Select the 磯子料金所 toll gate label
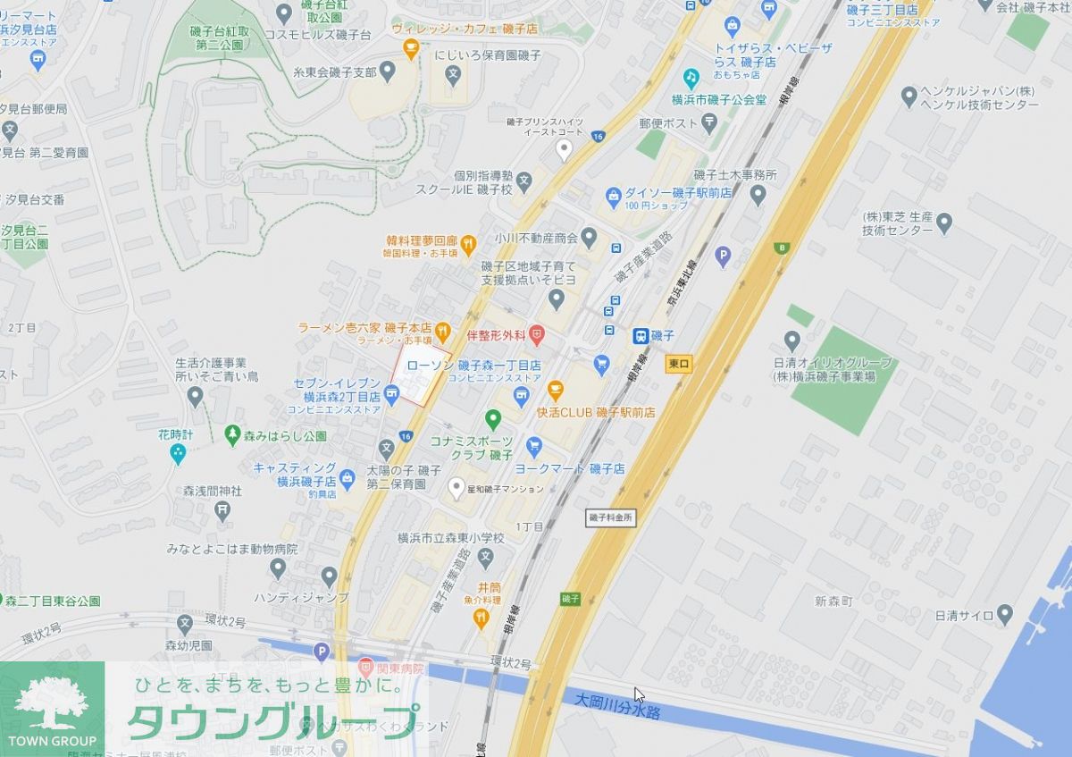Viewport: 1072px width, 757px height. click(x=610, y=517)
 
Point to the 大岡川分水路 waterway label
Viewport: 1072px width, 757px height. click(x=617, y=706)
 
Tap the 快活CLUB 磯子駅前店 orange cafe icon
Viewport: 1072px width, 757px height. click(x=555, y=391)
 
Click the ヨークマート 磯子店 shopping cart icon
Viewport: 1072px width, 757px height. click(x=534, y=445)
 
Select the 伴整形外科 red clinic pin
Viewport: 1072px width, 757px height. click(x=536, y=336)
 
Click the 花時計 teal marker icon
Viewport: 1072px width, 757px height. click(x=178, y=454)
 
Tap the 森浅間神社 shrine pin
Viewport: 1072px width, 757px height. click(x=222, y=510)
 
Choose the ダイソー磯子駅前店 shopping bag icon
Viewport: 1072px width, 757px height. click(x=613, y=194)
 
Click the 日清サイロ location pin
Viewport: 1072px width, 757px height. click(x=1005, y=615)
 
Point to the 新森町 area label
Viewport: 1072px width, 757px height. click(x=833, y=601)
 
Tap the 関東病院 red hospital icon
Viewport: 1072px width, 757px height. click(x=365, y=667)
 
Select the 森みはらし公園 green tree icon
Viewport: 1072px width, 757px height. click(x=232, y=436)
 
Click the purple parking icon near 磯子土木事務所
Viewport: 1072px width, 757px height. click(x=724, y=257)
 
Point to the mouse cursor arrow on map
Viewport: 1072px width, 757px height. click(x=639, y=695)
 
